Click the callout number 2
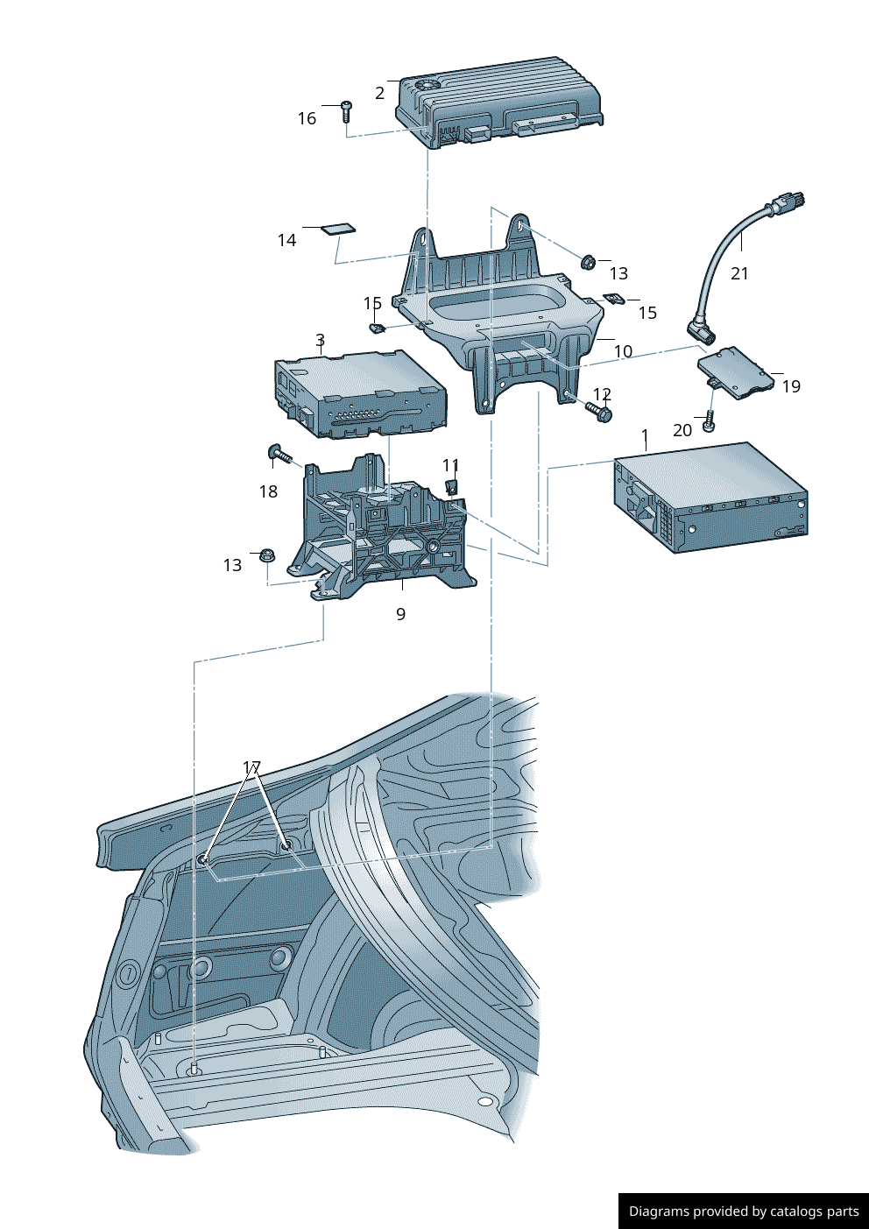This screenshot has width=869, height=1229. (x=379, y=93)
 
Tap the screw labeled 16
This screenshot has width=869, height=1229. (x=347, y=110)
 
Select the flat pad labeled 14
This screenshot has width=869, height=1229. (x=337, y=230)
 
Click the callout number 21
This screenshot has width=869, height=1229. (x=739, y=273)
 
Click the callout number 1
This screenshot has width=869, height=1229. (x=645, y=436)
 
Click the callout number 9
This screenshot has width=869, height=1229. (x=400, y=614)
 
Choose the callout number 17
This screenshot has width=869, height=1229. (x=251, y=768)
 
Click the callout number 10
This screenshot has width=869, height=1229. (x=622, y=351)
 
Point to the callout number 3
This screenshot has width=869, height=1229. (x=320, y=340)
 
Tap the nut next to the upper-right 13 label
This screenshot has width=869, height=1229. (x=589, y=261)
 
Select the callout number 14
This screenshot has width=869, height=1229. (x=286, y=240)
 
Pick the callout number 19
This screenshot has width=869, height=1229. (x=790, y=386)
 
